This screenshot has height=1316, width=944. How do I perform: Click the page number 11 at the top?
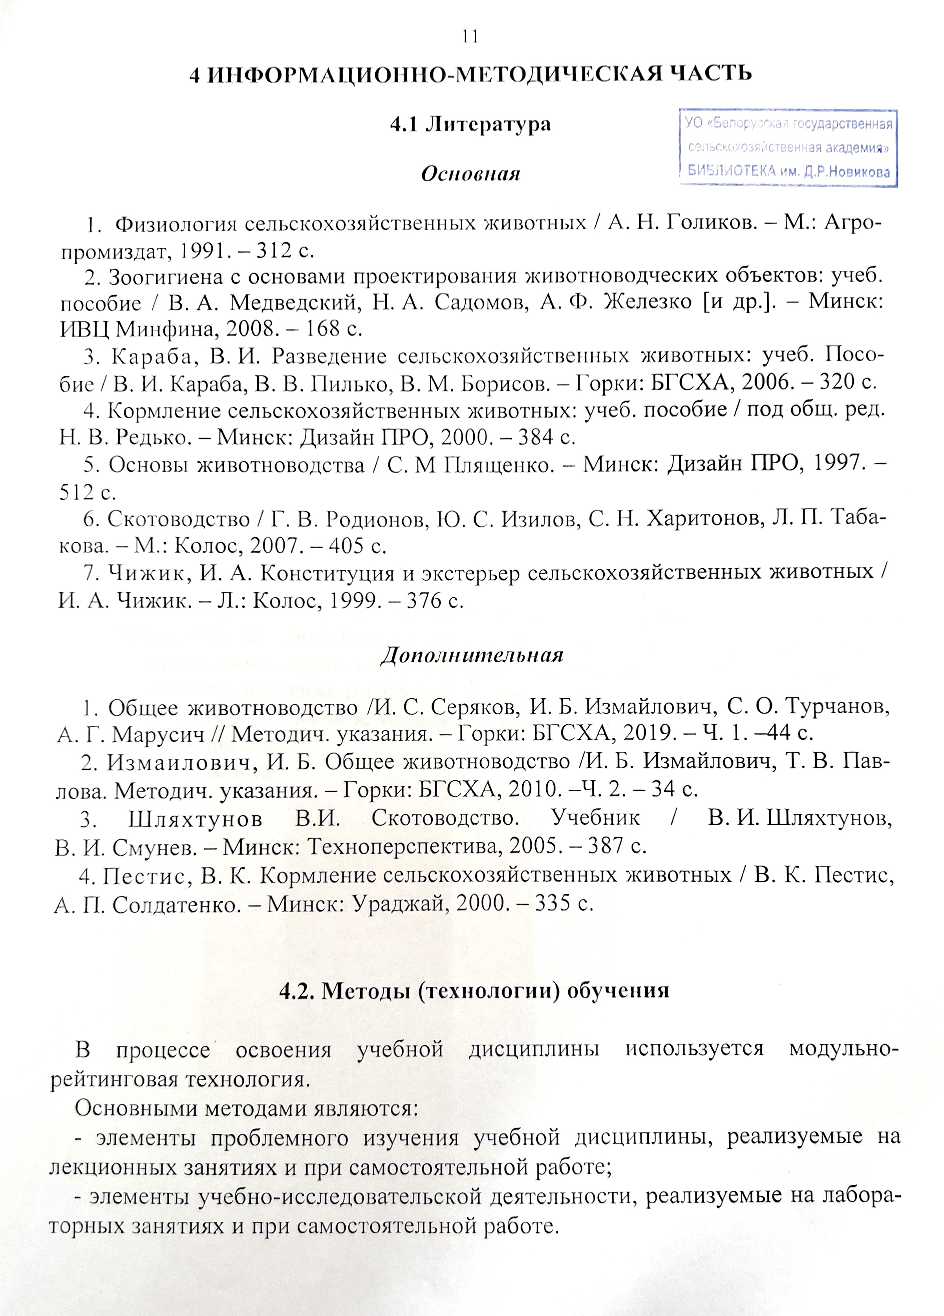tap(470, 37)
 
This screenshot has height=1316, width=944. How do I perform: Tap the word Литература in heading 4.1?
tap(488, 124)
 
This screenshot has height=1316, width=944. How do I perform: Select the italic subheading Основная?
tap(470, 174)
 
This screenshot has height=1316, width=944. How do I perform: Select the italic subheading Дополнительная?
tap(472, 655)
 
